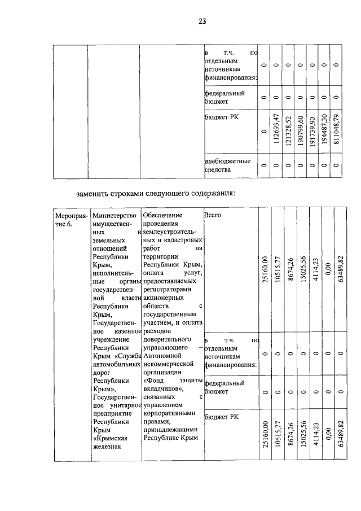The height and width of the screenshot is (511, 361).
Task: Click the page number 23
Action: click(x=202, y=22)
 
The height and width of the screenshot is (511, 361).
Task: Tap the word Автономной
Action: click(x=162, y=356)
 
